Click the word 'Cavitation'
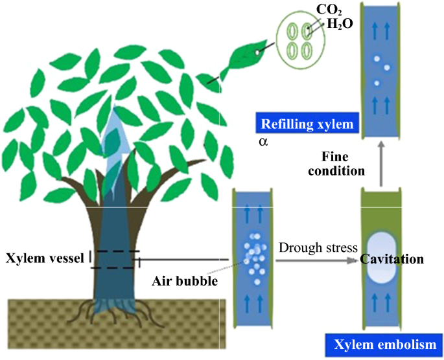tap(391, 260)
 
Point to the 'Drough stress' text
tap(318, 247)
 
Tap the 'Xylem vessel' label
tap(45, 259)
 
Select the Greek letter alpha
tap(261, 140)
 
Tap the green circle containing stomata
tap(299, 39)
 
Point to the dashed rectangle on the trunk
tap(115, 259)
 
